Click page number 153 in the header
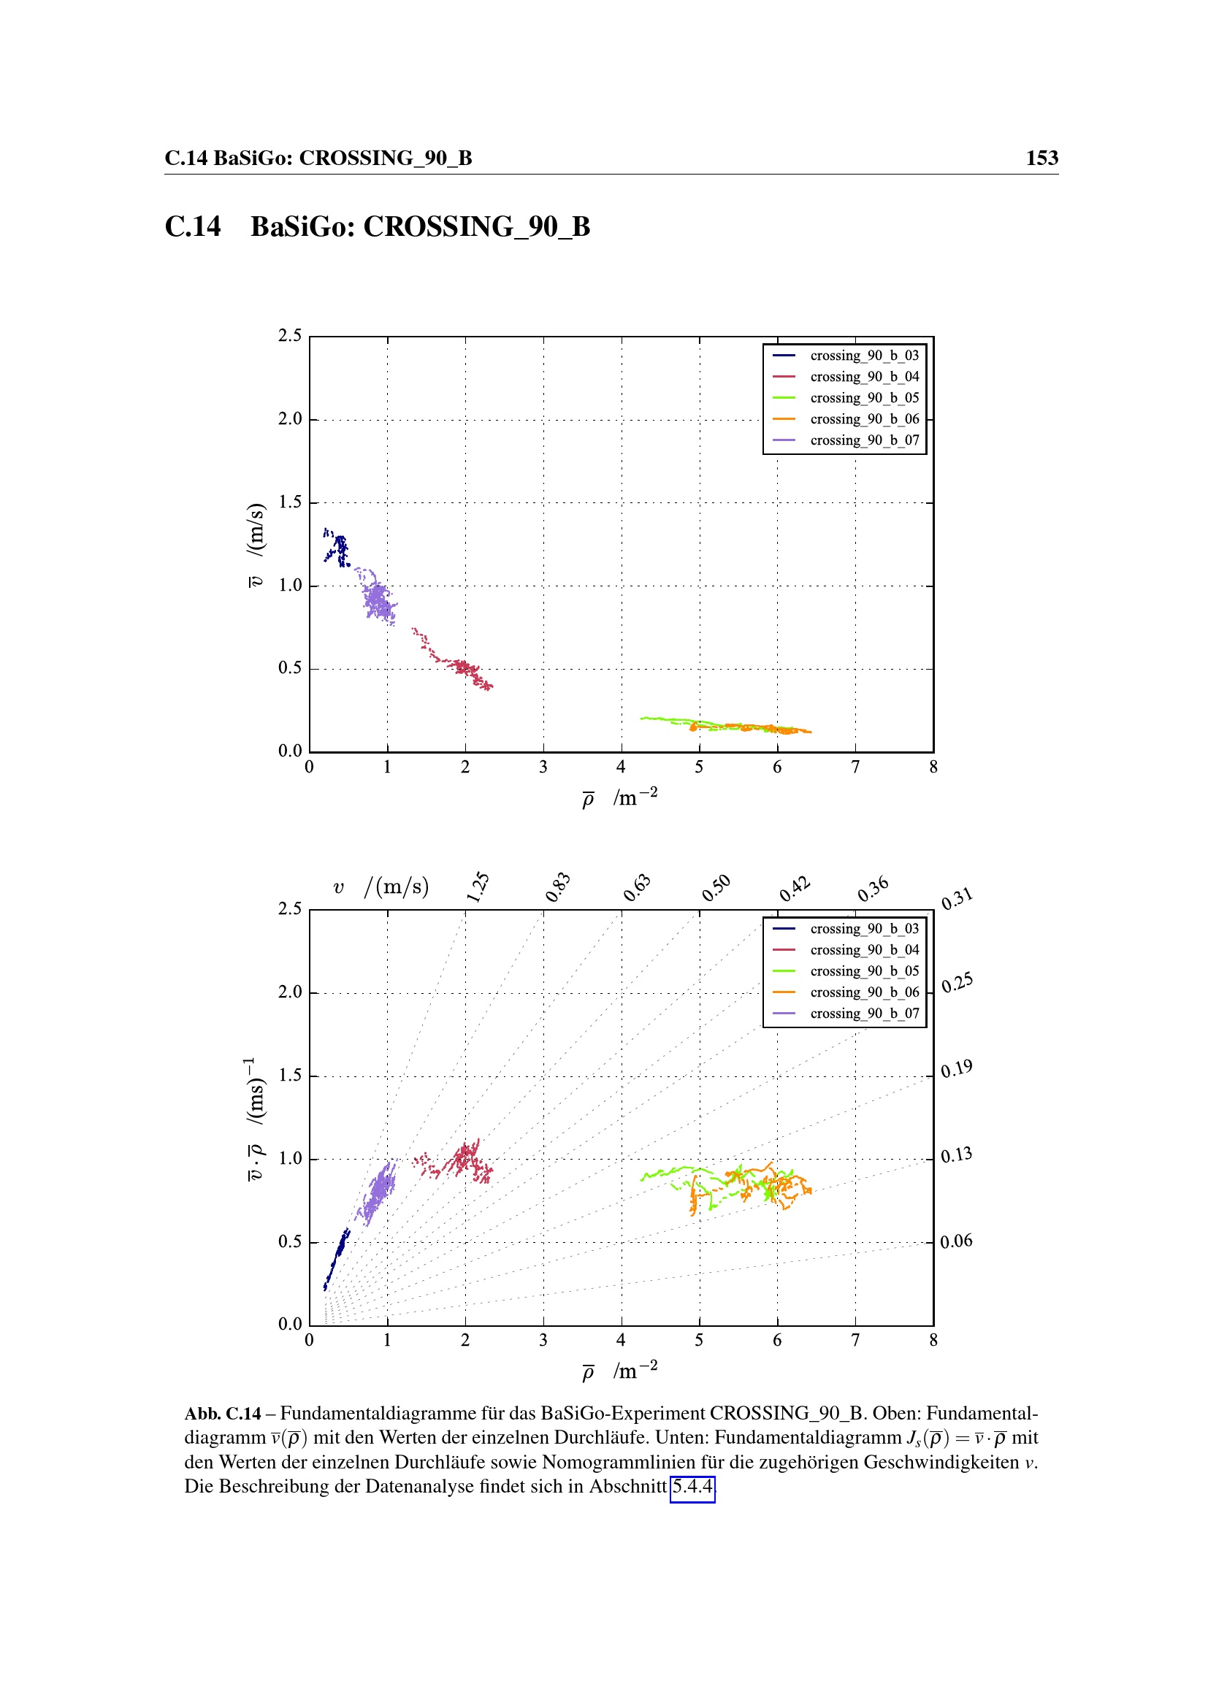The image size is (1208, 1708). [x=1041, y=158]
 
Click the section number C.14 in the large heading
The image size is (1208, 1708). [x=193, y=226]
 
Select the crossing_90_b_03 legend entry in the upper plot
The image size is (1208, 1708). [x=863, y=356]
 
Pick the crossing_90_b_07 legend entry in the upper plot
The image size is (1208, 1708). [x=863, y=440]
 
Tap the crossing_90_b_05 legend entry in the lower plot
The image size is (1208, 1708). [x=863, y=970]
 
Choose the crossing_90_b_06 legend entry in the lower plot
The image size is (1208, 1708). [x=863, y=992]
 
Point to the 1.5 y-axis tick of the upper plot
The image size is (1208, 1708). [x=290, y=502]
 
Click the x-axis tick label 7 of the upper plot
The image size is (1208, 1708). [x=855, y=767]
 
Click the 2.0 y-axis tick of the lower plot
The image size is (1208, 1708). [x=290, y=992]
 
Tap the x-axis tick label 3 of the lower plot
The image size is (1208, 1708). [x=543, y=1341]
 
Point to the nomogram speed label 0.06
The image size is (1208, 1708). [x=956, y=1241]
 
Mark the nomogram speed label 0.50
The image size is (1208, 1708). [x=716, y=887]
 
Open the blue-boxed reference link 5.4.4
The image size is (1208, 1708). [x=692, y=1486]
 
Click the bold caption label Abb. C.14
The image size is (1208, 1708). [x=223, y=1414]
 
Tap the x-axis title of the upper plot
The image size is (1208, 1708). [x=619, y=798]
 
